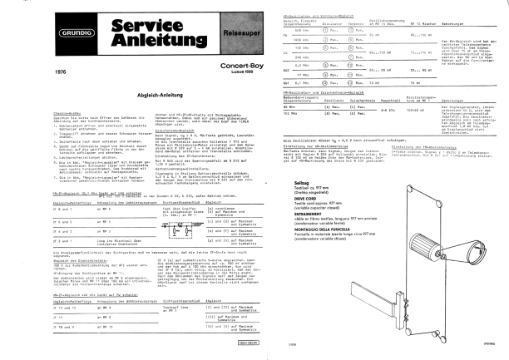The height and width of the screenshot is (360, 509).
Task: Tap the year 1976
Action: [36, 73]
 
